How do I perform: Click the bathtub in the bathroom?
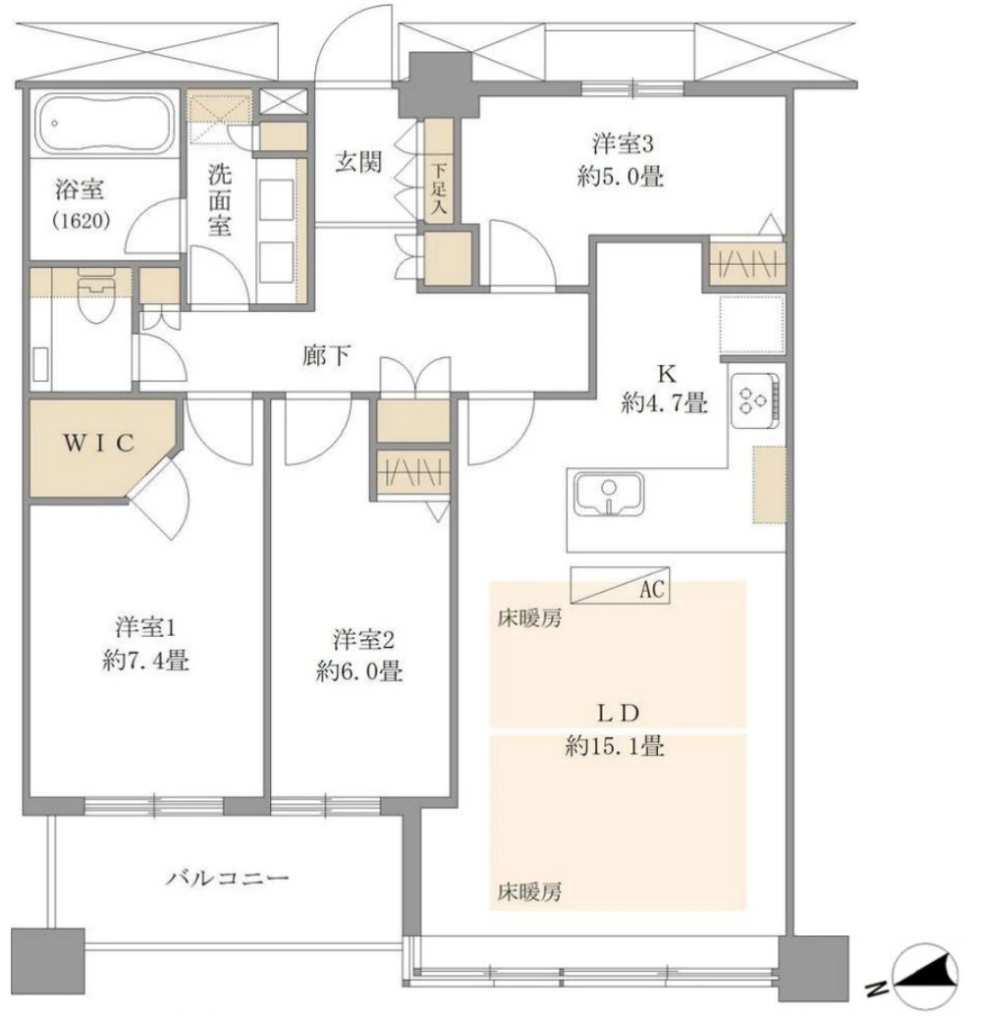[x=106, y=124]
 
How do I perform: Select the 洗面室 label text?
[x=219, y=199]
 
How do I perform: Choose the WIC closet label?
[x=98, y=443]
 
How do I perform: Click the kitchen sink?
[x=609, y=494]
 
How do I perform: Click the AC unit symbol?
[x=619, y=589]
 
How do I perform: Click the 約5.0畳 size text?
[x=624, y=177]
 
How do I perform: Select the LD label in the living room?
[x=616, y=711]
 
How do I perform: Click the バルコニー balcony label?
[x=226, y=876]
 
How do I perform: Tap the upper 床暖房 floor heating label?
[x=528, y=620]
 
